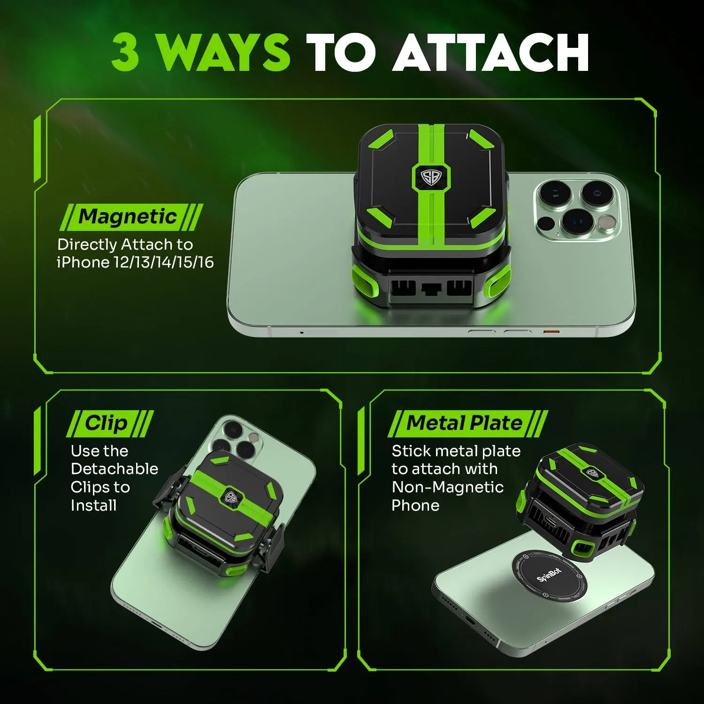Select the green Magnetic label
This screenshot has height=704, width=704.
(x=128, y=217)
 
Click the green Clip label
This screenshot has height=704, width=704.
(x=106, y=423)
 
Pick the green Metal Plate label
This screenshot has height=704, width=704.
(x=464, y=423)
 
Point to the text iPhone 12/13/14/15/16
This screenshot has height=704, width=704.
(x=135, y=262)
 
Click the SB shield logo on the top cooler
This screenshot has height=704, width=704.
(x=430, y=177)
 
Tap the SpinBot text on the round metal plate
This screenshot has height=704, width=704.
(x=549, y=574)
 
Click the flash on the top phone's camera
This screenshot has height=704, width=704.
(x=609, y=223)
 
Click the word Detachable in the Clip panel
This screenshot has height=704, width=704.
(x=115, y=469)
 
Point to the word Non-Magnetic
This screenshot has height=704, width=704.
(x=448, y=487)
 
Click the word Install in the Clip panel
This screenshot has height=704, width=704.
(x=93, y=505)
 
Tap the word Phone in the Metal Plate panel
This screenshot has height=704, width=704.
(x=415, y=505)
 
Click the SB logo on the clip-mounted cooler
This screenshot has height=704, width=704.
(x=230, y=497)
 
